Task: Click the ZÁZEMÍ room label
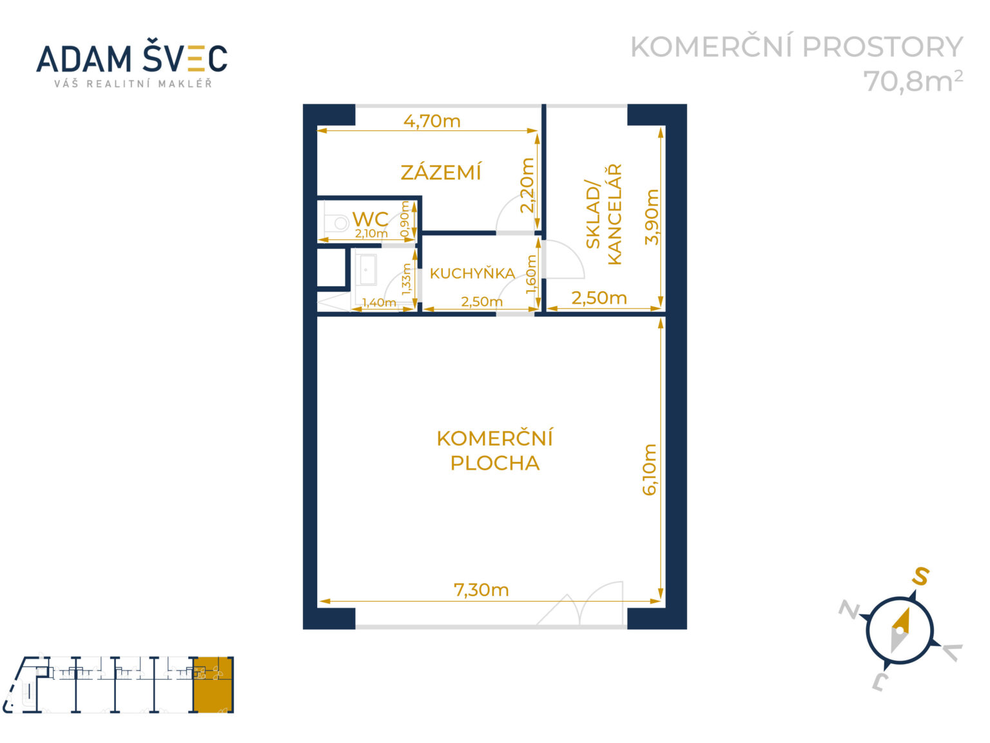(441, 172)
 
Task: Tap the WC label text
(370, 219)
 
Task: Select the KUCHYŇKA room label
(472, 273)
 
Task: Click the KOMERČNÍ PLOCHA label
(494, 450)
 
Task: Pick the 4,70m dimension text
(432, 121)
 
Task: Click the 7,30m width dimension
(481, 589)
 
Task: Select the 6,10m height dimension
(649, 470)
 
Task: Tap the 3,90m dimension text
(652, 217)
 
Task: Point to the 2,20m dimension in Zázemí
(527, 185)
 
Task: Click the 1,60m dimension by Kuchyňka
(531, 274)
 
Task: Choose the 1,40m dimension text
(379, 302)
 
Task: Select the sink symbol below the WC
(368, 270)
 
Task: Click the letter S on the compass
(920, 575)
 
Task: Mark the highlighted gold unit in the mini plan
(213, 684)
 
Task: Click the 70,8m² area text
(913, 81)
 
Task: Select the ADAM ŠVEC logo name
(132, 59)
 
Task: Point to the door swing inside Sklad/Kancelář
(562, 260)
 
